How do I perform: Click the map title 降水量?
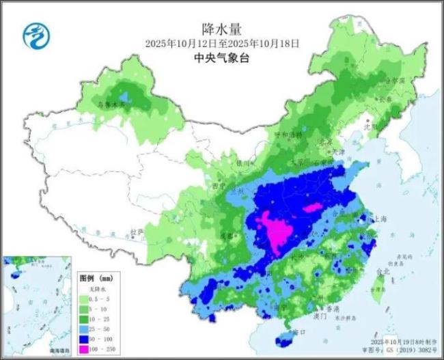coord(221,28)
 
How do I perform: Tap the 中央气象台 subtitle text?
coord(221,58)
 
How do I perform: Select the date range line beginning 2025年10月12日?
coord(222,43)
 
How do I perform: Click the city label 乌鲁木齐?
coord(110,105)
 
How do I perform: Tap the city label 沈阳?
coord(389,126)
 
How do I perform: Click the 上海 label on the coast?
coord(381,219)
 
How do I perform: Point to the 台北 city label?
coord(384,271)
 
